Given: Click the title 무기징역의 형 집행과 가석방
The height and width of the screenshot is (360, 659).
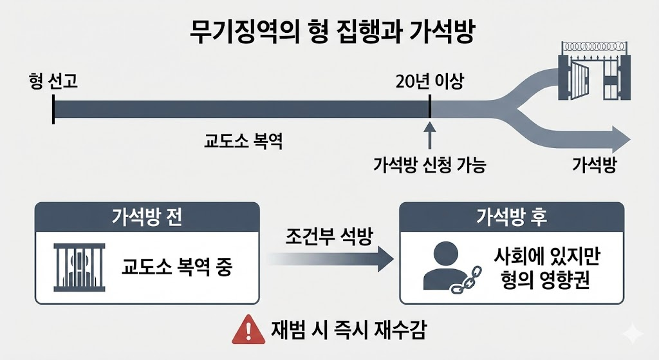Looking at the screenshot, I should coord(329,32).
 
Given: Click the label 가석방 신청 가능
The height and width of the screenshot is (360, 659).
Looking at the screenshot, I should coord(429,165).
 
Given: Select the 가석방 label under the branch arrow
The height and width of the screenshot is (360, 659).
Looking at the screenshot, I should coord(594,165).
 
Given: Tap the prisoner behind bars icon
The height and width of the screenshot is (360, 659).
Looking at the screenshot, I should coord(78,267).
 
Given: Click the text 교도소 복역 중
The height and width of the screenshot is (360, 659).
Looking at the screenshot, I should coord(176,267).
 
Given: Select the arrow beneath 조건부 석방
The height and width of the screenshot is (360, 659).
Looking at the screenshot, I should coord(330,260).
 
